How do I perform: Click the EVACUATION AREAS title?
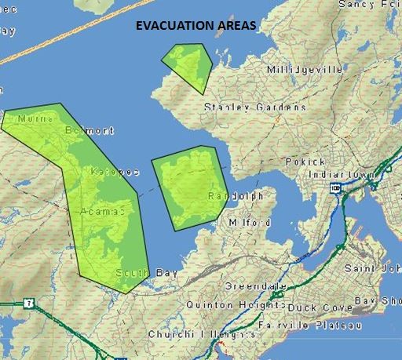coord(196,26)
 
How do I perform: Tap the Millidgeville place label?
coord(305,70)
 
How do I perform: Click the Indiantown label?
coord(338,173)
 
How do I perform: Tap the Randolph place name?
coord(236,196)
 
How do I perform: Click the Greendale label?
coord(251,285)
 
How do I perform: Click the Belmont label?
coord(90,130)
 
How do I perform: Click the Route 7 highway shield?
coord(29,303)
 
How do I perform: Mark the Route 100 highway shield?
coord(336,188)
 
